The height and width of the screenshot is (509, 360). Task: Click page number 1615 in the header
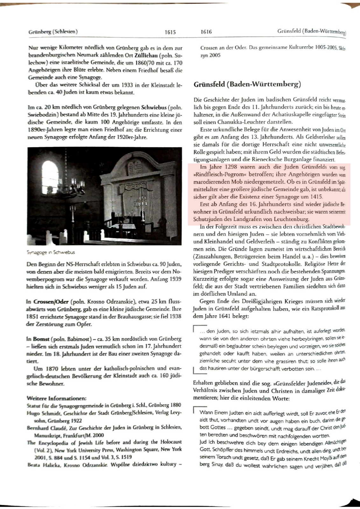tap(170, 32)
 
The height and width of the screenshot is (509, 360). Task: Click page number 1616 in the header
tap(206, 32)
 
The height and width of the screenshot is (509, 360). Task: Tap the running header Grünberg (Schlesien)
tap(53, 31)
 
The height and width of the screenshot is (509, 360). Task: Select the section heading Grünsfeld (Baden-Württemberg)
tap(247, 85)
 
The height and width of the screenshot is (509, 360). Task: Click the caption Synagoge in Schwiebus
tap(51, 252)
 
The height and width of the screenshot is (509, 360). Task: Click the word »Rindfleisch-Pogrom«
tap(215, 174)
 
